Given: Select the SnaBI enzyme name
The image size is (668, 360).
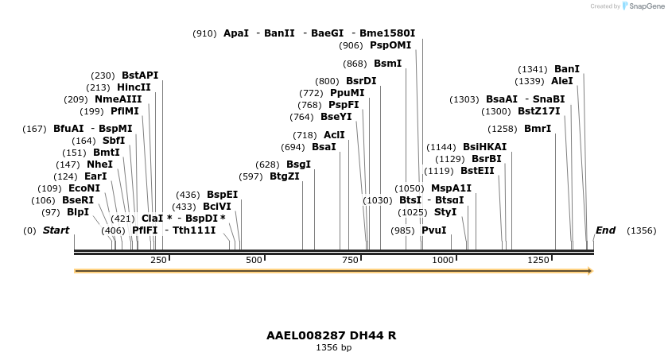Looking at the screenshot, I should tap(549, 99).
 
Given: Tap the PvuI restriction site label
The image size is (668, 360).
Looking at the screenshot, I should tap(433, 230).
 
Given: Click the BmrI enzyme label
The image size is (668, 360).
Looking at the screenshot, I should tap(538, 129).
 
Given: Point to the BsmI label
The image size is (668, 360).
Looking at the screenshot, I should tap(387, 64).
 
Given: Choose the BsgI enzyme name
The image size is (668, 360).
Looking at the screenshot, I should tap(298, 165).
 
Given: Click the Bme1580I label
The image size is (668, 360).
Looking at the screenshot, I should tap(387, 33).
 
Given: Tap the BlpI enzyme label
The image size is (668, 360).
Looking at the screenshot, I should tap(78, 212).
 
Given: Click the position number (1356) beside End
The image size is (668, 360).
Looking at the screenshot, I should tap(642, 230).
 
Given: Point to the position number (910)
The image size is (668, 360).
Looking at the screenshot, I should tap(204, 33).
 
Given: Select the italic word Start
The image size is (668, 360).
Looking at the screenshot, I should tap(56, 230).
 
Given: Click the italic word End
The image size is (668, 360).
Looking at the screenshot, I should tap(605, 230).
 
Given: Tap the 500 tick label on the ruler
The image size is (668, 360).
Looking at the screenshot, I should tap(254, 260).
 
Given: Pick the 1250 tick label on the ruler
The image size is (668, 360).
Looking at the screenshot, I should tap(538, 260).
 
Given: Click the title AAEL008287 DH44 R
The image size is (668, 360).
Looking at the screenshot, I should tap(332, 335).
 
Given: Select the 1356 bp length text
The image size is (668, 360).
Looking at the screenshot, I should tap(333, 347).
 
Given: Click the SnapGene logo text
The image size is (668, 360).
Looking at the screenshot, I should tap(644, 6).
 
